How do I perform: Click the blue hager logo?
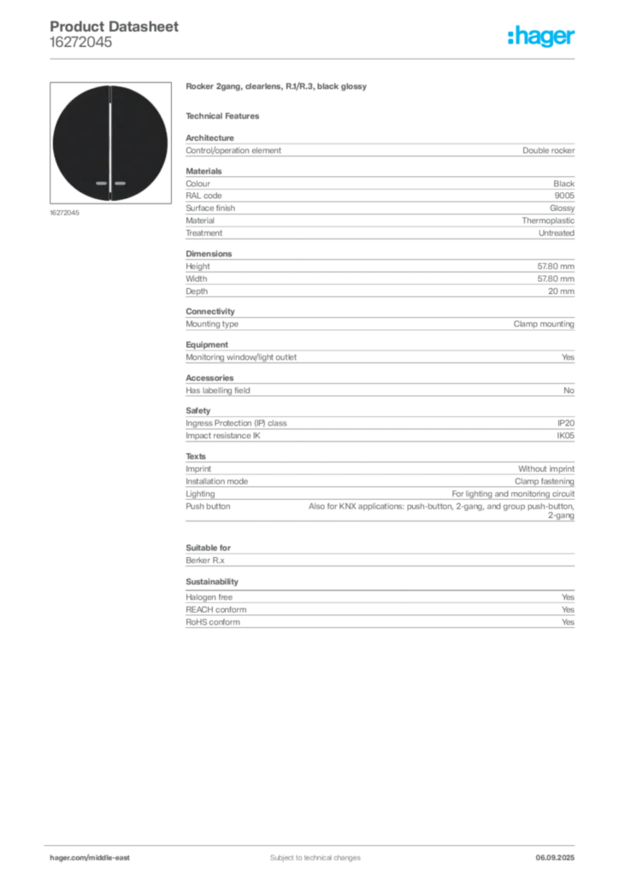[543, 37]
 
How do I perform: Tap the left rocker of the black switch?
[82, 141]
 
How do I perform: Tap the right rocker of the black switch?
[139, 141]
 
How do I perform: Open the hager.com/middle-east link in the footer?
[96, 858]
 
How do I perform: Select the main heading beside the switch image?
[276, 88]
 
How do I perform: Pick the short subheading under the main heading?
[226, 115]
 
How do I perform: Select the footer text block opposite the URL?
[560, 852]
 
